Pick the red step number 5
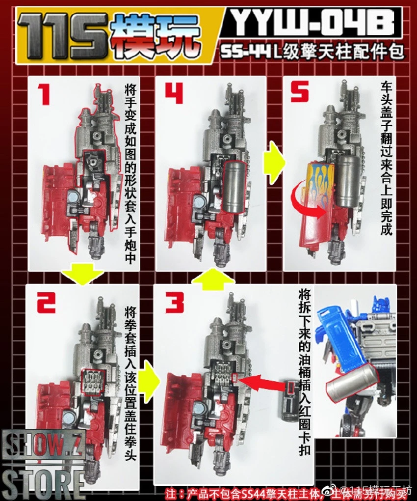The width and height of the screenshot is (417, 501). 300,94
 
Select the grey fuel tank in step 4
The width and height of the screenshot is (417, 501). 234,187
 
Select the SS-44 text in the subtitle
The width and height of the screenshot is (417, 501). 243,53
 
